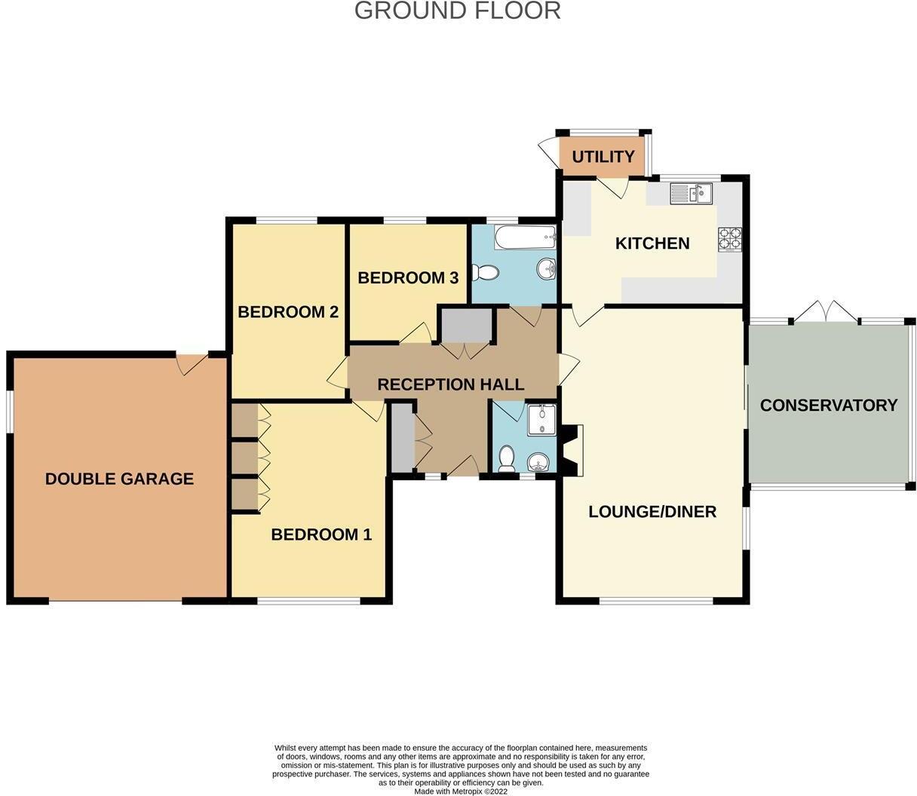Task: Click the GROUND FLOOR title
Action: (x=457, y=11)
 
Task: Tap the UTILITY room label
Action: (x=603, y=157)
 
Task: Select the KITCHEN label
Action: (x=652, y=243)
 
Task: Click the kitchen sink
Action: (x=691, y=194)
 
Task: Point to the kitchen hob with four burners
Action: (x=729, y=239)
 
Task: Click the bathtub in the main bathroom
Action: (x=525, y=237)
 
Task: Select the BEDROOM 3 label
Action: (x=407, y=278)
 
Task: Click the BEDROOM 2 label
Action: (x=287, y=312)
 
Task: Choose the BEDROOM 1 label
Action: (x=321, y=534)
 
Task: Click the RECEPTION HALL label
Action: (x=450, y=384)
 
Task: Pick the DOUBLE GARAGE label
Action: (x=119, y=479)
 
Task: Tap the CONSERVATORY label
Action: (x=828, y=406)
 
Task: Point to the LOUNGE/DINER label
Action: (x=652, y=512)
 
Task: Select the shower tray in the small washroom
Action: (x=541, y=420)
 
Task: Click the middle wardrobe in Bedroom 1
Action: (x=244, y=456)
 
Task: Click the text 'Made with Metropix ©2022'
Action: (x=461, y=791)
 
